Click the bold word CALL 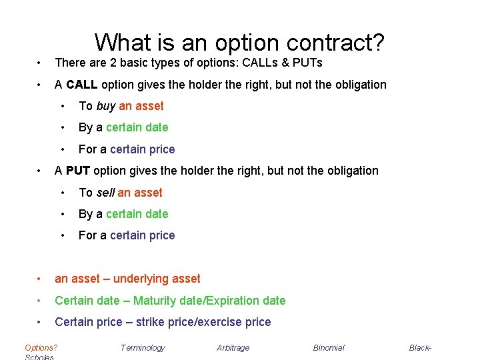(x=81, y=85)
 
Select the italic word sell (x=105, y=193)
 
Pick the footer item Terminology (x=143, y=347)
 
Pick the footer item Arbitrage (x=233, y=347)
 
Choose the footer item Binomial (x=329, y=347)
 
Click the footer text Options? (x=41, y=347)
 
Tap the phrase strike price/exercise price (x=203, y=322)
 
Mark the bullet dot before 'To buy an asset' (x=63, y=107)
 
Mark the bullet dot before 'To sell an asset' (x=63, y=193)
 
